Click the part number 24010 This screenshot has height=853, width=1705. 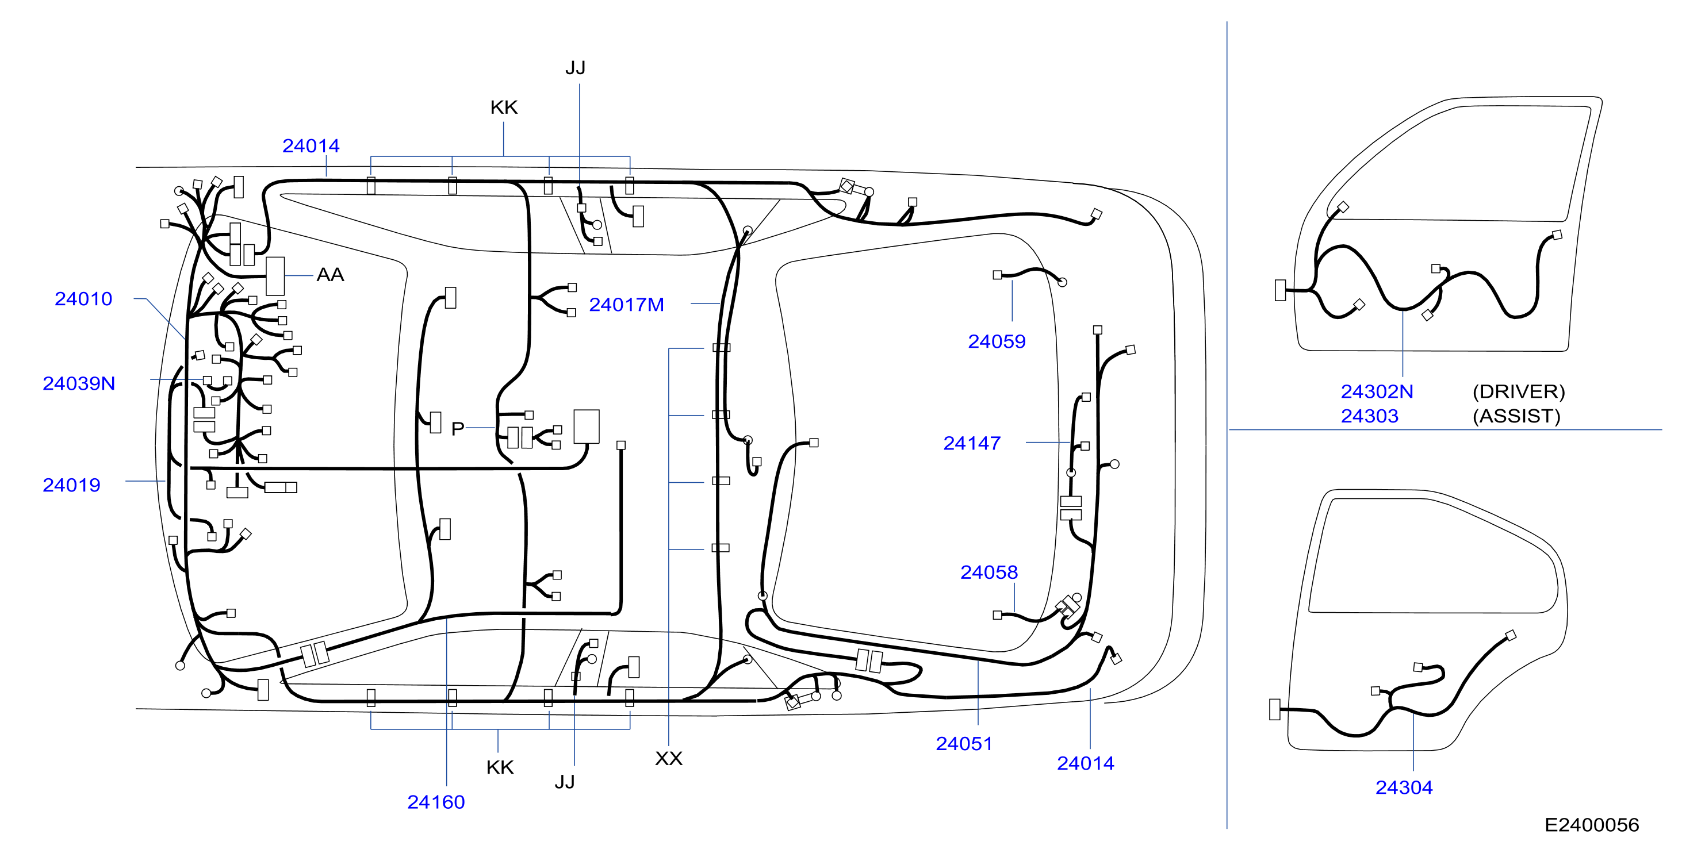83,299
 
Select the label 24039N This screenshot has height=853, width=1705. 79,384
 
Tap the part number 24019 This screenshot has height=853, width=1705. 71,485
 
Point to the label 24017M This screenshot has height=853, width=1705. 626,305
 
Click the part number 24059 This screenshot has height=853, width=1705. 997,341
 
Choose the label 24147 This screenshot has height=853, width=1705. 972,443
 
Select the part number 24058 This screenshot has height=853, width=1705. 989,572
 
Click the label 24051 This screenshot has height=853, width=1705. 964,744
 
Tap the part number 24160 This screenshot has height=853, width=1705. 436,802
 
